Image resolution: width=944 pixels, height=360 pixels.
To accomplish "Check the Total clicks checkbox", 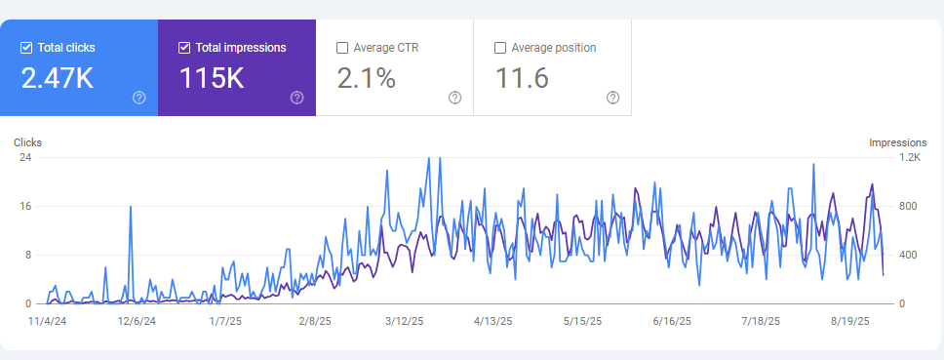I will tap(26, 47).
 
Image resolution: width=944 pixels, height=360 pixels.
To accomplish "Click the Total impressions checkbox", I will tap(184, 47).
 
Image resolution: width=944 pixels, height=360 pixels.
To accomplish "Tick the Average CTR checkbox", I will tap(342, 47).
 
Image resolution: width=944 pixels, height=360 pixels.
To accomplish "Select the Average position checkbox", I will tap(500, 47).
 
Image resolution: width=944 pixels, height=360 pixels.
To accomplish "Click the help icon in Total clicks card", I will tap(138, 98).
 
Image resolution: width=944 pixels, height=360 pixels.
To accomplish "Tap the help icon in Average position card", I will tap(612, 98).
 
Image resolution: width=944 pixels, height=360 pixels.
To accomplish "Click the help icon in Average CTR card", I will tap(454, 98).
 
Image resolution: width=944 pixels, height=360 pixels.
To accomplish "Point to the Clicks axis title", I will tap(27, 142).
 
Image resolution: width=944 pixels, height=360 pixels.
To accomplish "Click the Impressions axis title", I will tap(897, 142).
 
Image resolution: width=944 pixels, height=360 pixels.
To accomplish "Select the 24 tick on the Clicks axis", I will tap(25, 157).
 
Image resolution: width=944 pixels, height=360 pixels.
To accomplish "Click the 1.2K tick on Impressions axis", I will tap(909, 157).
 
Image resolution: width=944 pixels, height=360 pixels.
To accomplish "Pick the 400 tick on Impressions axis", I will tap(908, 255).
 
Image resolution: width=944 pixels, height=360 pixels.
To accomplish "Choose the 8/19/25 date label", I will tap(850, 320).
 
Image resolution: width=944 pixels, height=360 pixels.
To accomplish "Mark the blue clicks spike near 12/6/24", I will tap(130, 208).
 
